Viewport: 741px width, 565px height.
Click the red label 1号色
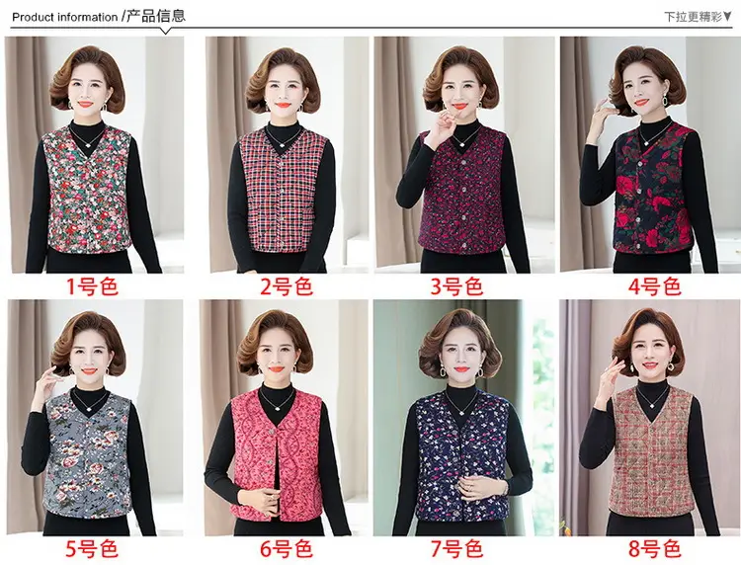pos(92,286)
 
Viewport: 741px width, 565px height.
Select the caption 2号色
pos(287,286)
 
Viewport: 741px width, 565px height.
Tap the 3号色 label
pos(456,286)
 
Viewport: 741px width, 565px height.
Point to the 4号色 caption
pos(654,286)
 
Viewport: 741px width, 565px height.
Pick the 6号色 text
pos(287,548)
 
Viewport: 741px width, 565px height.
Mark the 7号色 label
pos(456,548)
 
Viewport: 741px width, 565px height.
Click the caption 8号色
pos(654,548)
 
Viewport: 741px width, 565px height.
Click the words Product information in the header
pos(65,18)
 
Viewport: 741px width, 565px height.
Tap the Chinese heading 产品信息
pos(156,16)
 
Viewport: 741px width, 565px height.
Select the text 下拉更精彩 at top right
pos(694,17)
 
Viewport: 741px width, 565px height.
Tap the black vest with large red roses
pos(651,188)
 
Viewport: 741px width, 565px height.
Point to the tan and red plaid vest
pos(651,452)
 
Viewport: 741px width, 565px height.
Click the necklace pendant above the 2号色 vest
pos(281,145)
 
